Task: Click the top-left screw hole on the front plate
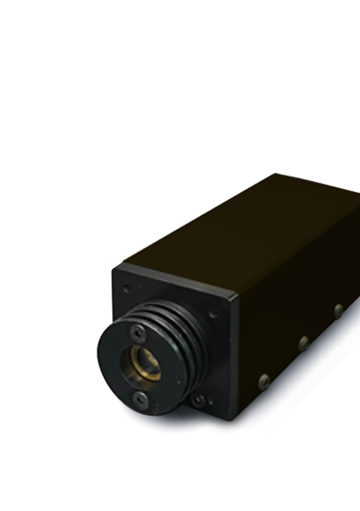click(x=126, y=287)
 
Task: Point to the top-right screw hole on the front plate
click(x=212, y=314)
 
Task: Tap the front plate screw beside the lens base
click(x=199, y=400)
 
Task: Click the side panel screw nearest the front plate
click(x=264, y=381)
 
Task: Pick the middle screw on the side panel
click(x=303, y=343)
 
